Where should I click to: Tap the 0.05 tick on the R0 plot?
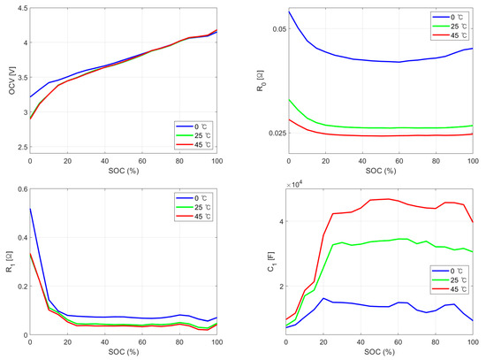point(277,29)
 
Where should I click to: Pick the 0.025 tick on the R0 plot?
point(275,133)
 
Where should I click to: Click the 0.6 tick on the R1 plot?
point(19,189)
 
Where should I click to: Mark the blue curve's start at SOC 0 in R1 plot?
point(31,209)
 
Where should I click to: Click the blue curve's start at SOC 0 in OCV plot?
point(31,97)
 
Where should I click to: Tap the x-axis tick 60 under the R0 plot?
point(399,160)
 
